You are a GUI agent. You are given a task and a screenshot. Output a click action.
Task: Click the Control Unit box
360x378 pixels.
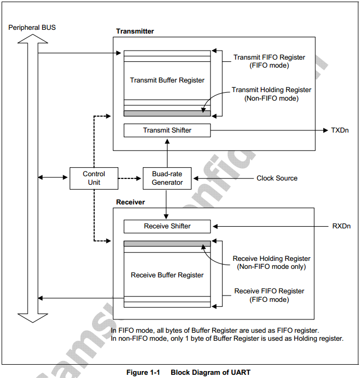coord(94,178)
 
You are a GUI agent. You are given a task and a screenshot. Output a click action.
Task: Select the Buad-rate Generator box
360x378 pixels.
coord(167,178)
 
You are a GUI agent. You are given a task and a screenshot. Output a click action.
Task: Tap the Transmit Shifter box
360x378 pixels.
coord(167,130)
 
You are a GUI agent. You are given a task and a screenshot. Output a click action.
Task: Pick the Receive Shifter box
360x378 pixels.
coord(167,226)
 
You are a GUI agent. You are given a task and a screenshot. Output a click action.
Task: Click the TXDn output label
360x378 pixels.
coord(340,130)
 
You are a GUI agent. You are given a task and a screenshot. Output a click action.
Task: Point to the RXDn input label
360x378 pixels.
coord(341,226)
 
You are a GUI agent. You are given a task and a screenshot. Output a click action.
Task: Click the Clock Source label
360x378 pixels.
coord(277,178)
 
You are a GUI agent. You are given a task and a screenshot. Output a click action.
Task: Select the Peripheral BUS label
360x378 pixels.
coord(32,28)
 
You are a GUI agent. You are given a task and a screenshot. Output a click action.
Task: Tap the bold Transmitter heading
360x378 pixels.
coord(135,31)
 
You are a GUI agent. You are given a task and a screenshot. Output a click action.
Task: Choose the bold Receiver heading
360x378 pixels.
coord(130,202)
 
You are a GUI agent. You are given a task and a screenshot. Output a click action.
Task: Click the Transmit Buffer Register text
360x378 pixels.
coord(167,80)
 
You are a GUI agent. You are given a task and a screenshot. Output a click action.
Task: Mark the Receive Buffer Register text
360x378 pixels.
coord(167,275)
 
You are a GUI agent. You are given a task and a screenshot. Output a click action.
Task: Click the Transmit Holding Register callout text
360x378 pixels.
coord(271,94)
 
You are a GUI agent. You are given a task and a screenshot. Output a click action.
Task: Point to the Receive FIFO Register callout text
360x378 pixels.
coord(269,295)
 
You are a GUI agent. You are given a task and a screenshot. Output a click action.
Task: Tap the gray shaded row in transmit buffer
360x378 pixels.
coord(167,113)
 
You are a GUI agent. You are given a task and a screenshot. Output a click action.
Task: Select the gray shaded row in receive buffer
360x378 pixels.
coord(167,243)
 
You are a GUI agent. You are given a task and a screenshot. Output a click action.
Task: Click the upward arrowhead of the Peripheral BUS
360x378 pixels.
coord(33,39)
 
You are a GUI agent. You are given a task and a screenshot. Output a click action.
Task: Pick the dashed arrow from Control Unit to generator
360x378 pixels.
coord(130,178)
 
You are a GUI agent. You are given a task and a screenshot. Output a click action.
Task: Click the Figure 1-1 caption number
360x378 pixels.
coord(143,373)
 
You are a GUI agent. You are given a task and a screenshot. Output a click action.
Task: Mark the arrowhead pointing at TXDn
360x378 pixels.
coord(325,130)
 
